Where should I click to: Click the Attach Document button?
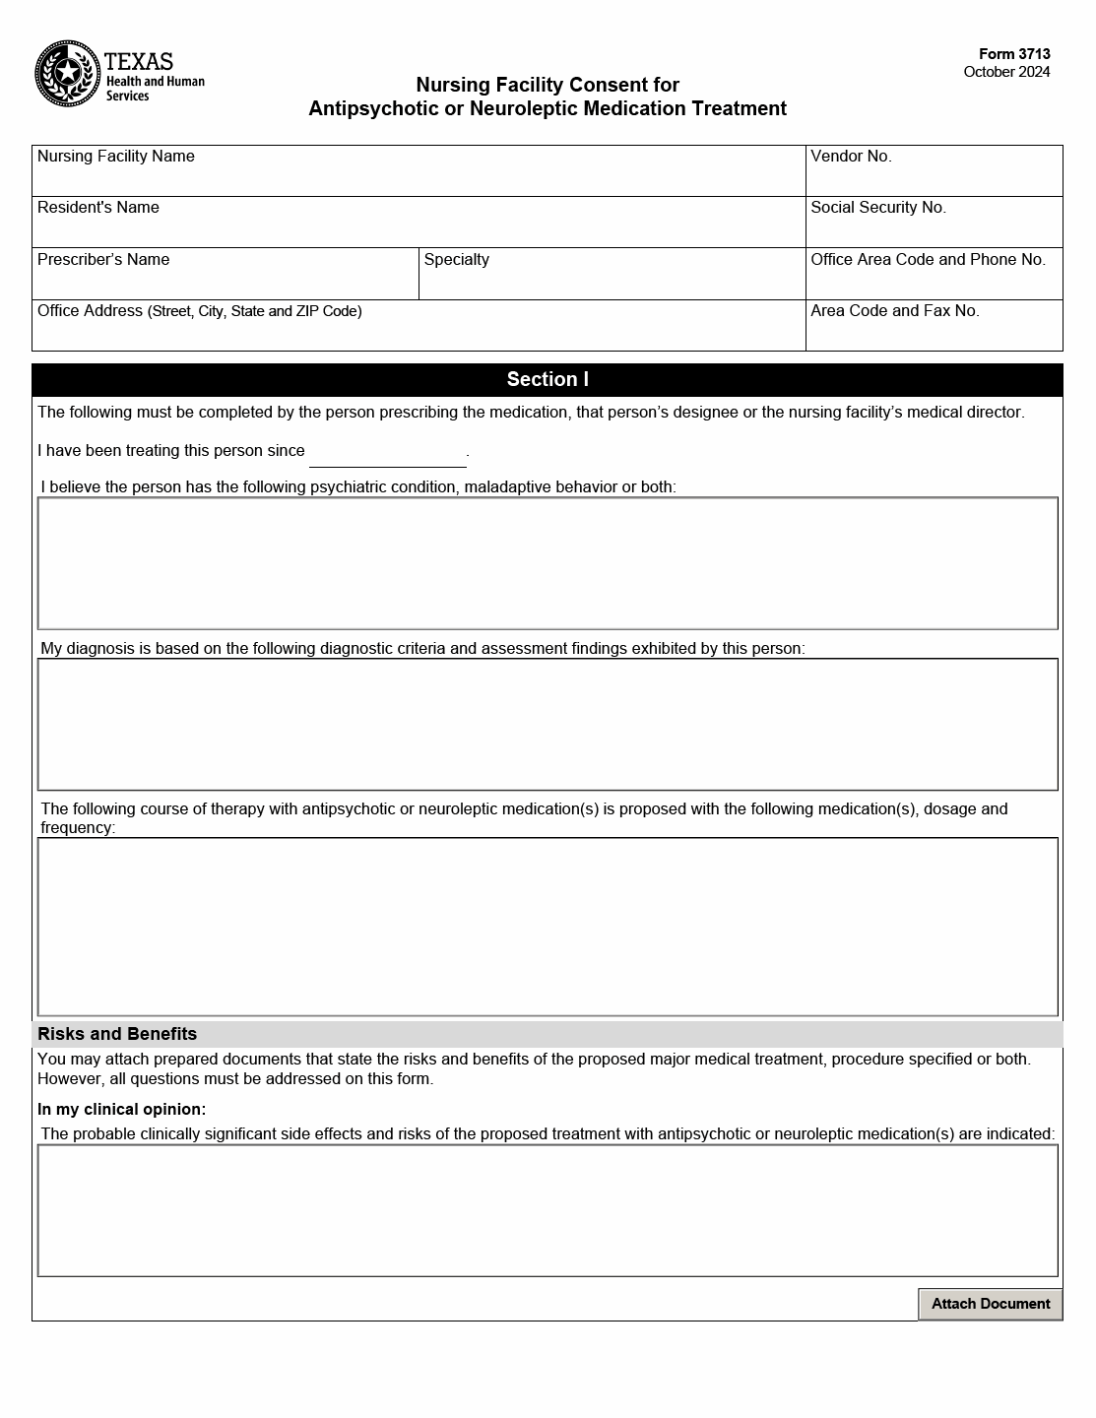click(990, 1304)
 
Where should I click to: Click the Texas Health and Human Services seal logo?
click(68, 74)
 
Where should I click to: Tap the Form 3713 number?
click(1014, 54)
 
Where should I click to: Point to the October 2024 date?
click(1006, 72)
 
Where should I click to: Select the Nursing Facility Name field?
click(419, 178)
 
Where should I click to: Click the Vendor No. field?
click(934, 178)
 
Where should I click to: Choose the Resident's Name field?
click(419, 229)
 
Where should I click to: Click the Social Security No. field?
click(934, 229)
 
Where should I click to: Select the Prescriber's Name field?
click(226, 282)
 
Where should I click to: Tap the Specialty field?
click(612, 282)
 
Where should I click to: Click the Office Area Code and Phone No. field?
click(934, 282)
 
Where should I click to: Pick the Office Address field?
click(419, 333)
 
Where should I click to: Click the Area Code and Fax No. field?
click(934, 333)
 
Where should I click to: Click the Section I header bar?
click(548, 379)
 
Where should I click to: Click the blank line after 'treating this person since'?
click(387, 456)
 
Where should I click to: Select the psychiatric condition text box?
click(548, 563)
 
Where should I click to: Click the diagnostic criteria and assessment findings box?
click(548, 724)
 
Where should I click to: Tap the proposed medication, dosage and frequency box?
click(548, 926)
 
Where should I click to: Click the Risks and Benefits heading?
click(117, 1034)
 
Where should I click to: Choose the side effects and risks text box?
click(548, 1210)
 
